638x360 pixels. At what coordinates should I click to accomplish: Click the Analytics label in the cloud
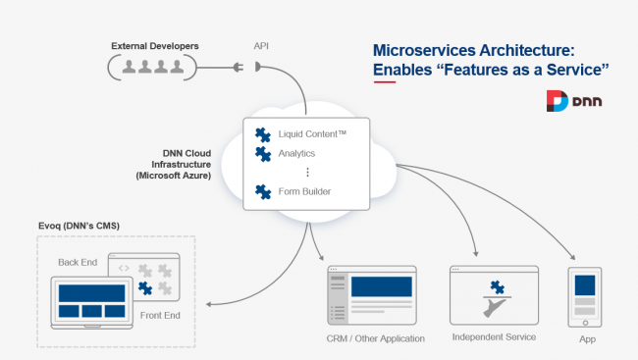tap(298, 153)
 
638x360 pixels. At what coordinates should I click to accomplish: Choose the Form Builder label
tap(305, 191)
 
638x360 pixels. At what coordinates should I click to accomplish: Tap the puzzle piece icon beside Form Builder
tap(262, 191)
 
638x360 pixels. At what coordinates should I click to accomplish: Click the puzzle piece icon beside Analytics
tap(262, 153)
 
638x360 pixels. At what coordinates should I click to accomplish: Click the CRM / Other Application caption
tap(376, 338)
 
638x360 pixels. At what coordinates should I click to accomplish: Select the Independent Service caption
tap(494, 336)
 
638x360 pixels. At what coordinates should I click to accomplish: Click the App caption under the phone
tap(588, 338)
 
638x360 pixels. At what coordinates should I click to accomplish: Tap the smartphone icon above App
tap(587, 293)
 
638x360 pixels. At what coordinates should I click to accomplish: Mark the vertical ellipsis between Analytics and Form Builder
tap(307, 173)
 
